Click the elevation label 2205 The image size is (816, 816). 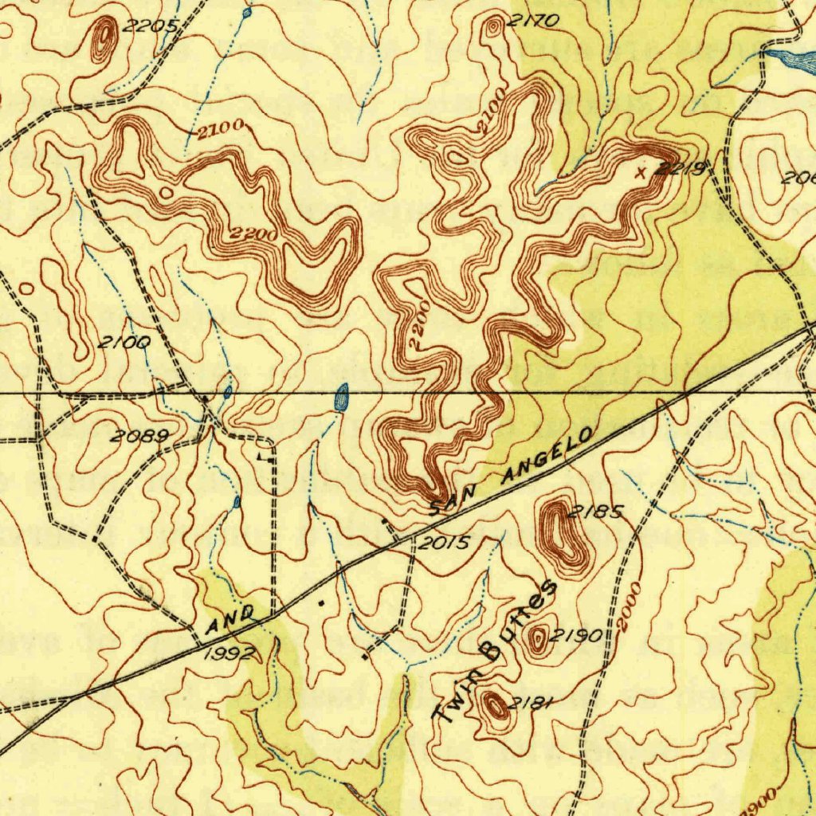point(151,25)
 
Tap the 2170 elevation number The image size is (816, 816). point(532,22)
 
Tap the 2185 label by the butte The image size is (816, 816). point(597,512)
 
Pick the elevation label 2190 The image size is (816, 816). point(575,636)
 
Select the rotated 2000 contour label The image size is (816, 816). point(632,606)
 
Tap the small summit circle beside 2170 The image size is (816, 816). point(494,26)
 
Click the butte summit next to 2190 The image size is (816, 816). point(540,638)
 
